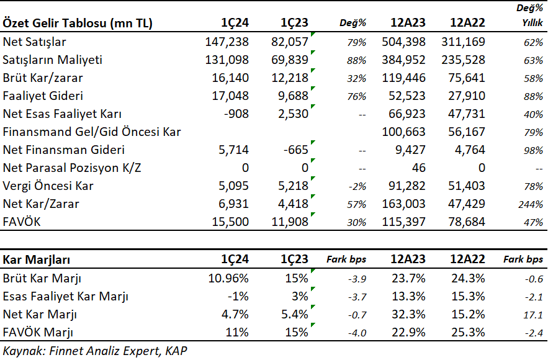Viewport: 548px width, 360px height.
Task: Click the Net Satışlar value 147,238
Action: pos(227,42)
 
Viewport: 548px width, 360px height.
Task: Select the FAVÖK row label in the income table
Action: pos(22,222)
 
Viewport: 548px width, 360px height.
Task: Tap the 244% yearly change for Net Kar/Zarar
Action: pos(531,204)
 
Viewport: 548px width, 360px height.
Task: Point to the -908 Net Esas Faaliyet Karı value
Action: pos(236,114)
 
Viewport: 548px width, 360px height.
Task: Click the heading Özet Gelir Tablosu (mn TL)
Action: pos(78,23)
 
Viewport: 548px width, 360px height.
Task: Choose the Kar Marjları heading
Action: pos(37,259)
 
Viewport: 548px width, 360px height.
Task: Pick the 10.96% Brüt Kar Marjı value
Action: pos(228,278)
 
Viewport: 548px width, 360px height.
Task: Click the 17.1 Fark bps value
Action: pos(533,315)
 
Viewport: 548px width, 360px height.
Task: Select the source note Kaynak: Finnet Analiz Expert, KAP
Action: pos(95,351)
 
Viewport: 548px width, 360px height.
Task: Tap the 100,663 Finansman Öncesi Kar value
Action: pos(403,132)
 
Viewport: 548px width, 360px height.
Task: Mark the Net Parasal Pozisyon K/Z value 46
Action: pos(419,168)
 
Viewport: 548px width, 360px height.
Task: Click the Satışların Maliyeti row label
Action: pos(52,60)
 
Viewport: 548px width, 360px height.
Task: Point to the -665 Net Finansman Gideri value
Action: pos(295,150)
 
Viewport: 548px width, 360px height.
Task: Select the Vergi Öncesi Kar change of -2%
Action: pos(357,187)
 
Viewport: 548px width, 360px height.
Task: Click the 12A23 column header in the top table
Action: pos(408,23)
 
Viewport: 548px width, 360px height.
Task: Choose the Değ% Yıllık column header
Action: pos(530,16)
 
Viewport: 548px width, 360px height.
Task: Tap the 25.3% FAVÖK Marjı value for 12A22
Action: pos(468,333)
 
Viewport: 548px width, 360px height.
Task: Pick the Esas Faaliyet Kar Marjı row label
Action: pos(66,297)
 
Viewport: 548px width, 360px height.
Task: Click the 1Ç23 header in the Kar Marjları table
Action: pos(294,259)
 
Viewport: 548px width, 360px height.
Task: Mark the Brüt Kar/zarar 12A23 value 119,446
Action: pos(403,78)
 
